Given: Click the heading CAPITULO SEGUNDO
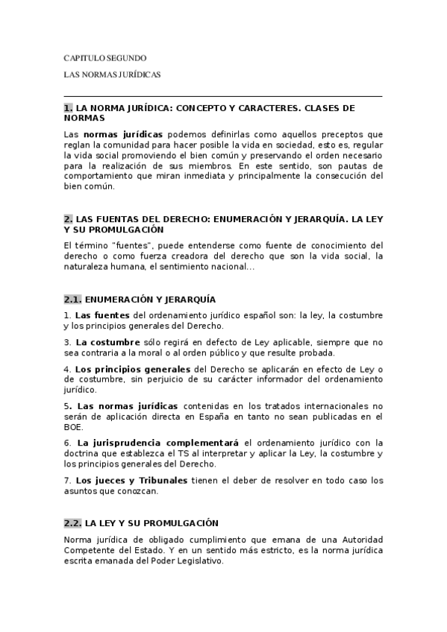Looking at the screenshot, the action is [x=104, y=58].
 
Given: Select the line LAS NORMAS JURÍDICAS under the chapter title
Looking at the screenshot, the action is [x=112, y=75].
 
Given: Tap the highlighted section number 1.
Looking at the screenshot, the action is [x=69, y=108].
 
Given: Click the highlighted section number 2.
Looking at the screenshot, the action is [x=69, y=220].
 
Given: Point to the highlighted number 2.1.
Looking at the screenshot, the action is [x=72, y=300].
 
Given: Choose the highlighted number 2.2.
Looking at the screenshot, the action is [x=72, y=524].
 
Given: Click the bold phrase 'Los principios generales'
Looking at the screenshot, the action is [x=133, y=370].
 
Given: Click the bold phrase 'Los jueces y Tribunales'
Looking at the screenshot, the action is [x=128, y=480].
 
